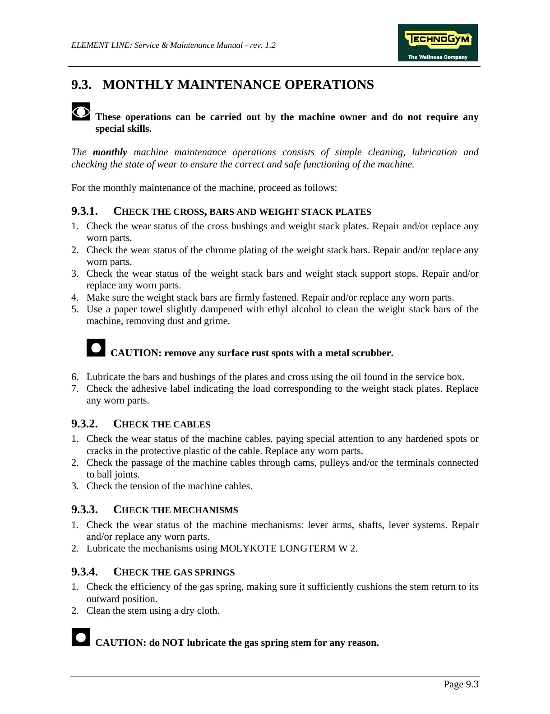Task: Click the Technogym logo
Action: pos(437,42)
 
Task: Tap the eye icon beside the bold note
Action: pos(81,111)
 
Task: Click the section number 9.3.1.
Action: pos(84,211)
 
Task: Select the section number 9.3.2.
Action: pos(84,424)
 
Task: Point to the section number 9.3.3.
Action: pos(84,510)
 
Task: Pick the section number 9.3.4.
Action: pos(84,572)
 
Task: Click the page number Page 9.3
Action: pos(461,684)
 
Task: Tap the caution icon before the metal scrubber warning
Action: pos(96,348)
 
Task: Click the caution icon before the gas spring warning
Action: pos(81,637)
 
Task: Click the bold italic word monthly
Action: pos(110,152)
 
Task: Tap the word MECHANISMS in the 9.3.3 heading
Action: pos(205,510)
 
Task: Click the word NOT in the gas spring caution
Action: pos(173,643)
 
